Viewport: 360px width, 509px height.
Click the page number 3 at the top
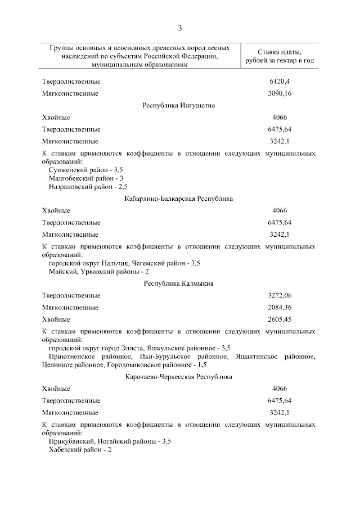click(x=179, y=28)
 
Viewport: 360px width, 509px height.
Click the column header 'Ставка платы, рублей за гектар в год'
click(x=279, y=56)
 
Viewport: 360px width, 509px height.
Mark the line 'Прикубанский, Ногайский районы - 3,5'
click(x=110, y=441)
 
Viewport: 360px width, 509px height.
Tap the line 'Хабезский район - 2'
click(x=80, y=449)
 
